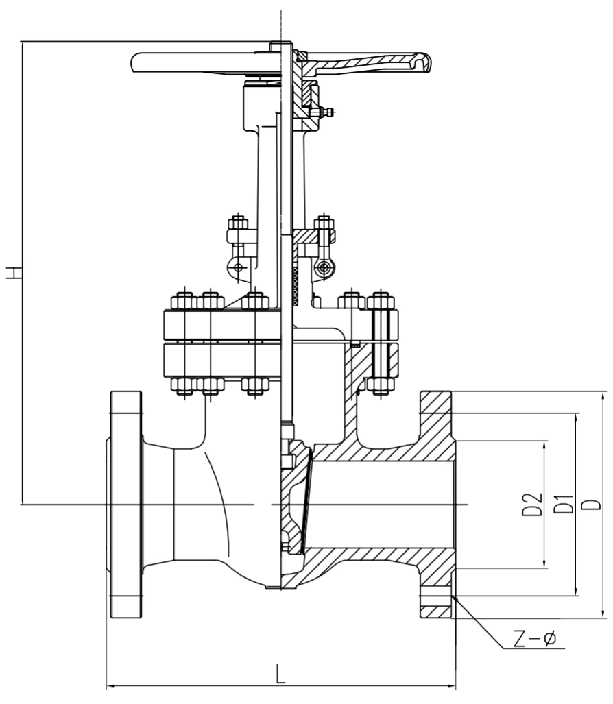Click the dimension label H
pos(14,273)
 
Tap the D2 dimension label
pos(533,505)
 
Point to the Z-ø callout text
pos(535,638)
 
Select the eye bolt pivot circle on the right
pos(322,269)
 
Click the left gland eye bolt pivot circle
pos(237,268)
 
